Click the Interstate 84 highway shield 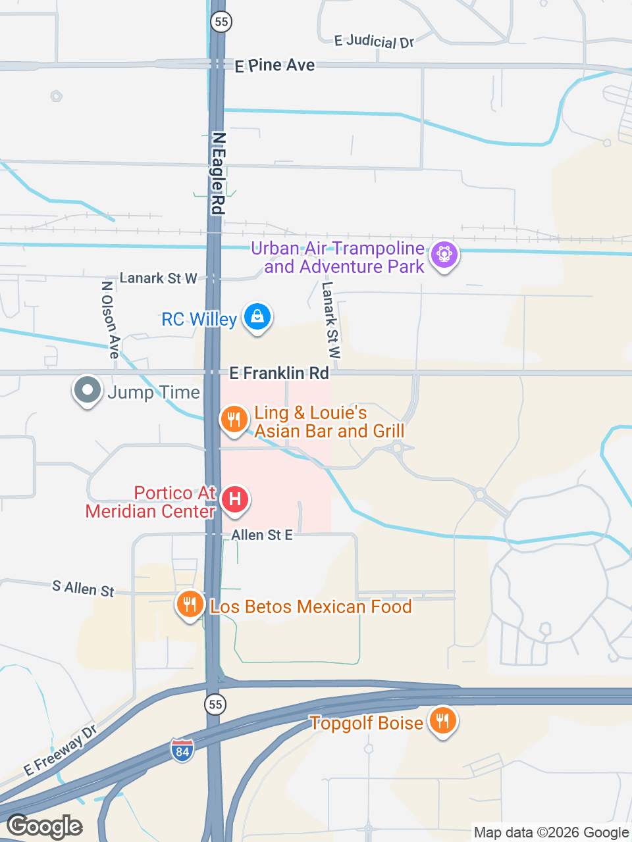[x=182, y=750]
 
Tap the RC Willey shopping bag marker [x=257, y=317]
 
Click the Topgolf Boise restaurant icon [x=442, y=720]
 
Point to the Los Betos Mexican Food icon [x=190, y=604]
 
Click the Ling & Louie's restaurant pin [x=234, y=418]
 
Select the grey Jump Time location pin [x=87, y=390]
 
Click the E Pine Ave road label [x=275, y=65]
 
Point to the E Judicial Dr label [x=374, y=41]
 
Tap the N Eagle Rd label [x=218, y=173]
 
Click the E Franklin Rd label [x=278, y=373]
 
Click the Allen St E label [x=261, y=535]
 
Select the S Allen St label [x=83, y=588]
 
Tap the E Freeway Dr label [x=61, y=751]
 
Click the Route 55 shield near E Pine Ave [x=221, y=22]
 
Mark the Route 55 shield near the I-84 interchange [x=215, y=705]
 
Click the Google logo [x=44, y=826]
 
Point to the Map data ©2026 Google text [x=551, y=833]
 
